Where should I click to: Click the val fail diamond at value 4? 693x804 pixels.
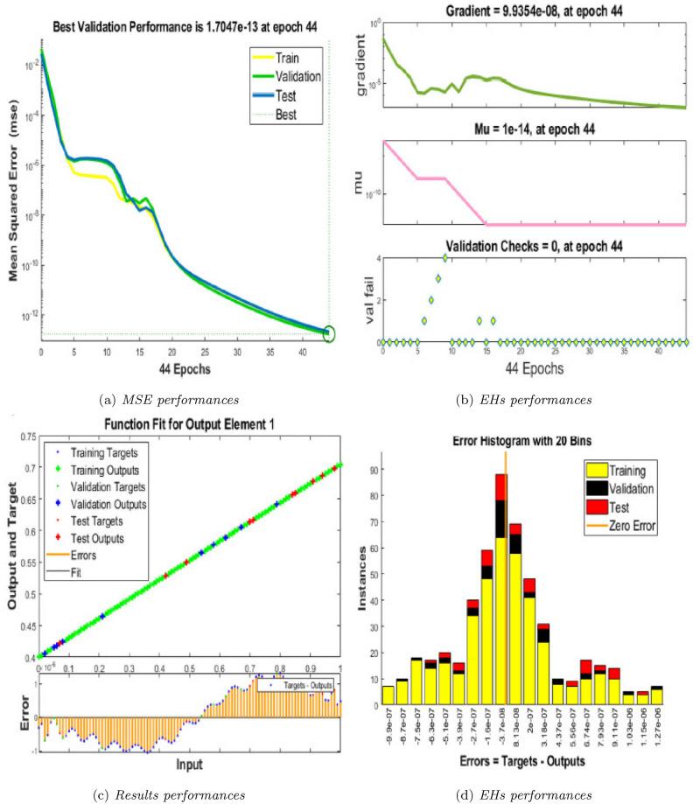coord(445,258)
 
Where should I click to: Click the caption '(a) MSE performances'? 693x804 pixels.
coord(175,401)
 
